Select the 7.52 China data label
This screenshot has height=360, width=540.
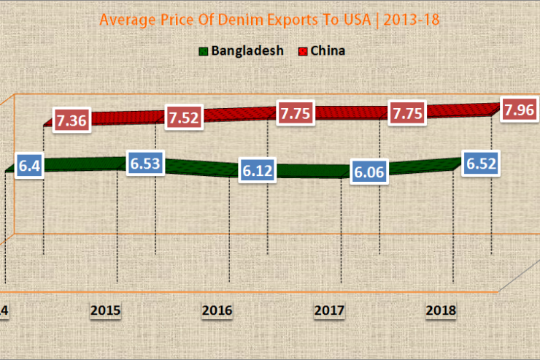coord(185,118)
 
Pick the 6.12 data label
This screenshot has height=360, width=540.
coord(258,171)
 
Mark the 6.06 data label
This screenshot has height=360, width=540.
coord(369,173)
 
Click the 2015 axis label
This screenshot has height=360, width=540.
coord(107,310)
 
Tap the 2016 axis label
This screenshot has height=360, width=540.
coord(217,310)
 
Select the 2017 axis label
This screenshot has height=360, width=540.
coord(329,310)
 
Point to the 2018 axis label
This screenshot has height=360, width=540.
coord(441,310)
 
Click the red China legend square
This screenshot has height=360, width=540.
coord(302,51)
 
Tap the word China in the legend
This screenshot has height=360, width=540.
coord(328,51)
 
